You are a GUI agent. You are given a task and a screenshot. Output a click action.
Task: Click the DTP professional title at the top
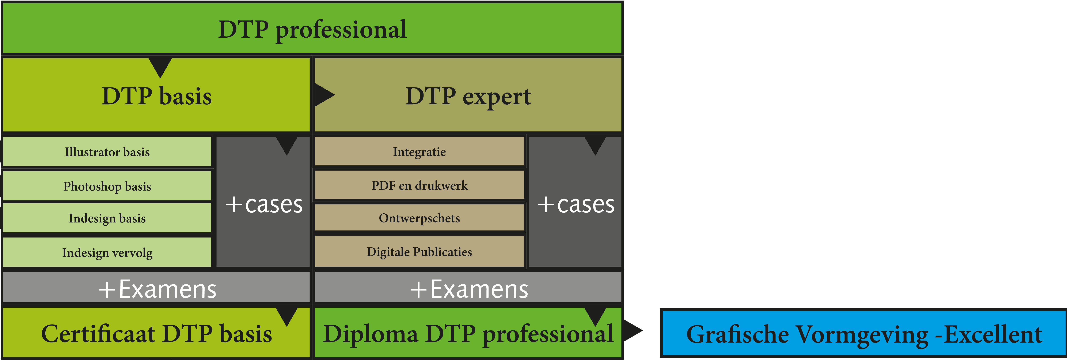tap(312, 29)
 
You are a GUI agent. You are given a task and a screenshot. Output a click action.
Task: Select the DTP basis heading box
tap(157, 96)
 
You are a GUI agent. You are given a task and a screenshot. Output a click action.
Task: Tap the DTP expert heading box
tap(468, 96)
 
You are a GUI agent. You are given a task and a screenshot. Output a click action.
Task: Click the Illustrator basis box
tap(107, 152)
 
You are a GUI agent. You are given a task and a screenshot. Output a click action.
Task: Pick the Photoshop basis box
tap(107, 186)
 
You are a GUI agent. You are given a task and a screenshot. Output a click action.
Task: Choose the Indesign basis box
tap(107, 218)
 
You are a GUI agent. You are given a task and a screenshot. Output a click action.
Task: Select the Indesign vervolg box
tap(107, 252)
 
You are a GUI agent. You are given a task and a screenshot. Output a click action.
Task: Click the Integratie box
tap(419, 152)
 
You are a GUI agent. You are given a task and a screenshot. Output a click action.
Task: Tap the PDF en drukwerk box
tap(419, 185)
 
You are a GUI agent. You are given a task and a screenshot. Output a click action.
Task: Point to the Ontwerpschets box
tap(419, 218)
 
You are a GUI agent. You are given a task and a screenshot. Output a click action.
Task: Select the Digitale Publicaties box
tap(419, 251)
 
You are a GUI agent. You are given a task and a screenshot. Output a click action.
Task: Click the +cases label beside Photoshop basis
tap(264, 204)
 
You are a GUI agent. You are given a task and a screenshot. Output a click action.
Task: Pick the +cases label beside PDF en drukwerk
tap(576, 204)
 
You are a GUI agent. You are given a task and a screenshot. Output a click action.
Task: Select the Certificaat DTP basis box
tap(157, 334)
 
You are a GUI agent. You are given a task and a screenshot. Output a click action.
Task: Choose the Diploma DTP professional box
tap(468, 334)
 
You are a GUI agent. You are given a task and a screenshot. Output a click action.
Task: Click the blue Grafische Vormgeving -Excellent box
tap(864, 334)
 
